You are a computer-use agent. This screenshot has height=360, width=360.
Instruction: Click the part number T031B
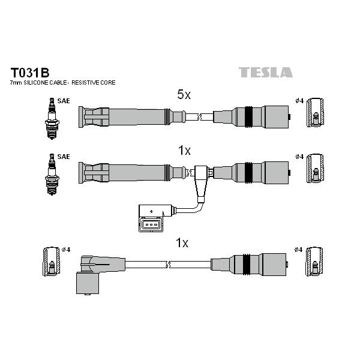point(30,73)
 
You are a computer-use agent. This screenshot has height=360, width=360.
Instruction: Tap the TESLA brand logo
point(266,72)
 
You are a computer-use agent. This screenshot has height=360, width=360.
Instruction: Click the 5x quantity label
point(184,94)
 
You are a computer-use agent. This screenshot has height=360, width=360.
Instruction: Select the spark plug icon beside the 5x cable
point(52,118)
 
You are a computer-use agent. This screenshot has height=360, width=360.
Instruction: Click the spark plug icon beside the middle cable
point(52,175)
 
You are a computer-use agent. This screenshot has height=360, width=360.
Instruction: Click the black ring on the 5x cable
point(248,116)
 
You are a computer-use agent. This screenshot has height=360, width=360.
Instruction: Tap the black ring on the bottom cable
point(247,264)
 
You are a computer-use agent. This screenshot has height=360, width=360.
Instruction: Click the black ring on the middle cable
point(248,173)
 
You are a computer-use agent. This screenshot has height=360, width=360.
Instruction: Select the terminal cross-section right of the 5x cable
point(315,113)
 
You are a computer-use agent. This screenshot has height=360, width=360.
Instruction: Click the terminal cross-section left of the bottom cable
point(52,262)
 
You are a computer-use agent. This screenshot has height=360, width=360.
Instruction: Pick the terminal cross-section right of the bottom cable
point(314,262)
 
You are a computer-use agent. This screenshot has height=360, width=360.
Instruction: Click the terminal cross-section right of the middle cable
point(315,169)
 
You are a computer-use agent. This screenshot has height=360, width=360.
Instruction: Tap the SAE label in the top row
point(64,101)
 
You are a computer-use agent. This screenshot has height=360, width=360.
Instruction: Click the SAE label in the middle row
point(64,157)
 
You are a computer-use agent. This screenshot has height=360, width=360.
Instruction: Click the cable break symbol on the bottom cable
point(168,265)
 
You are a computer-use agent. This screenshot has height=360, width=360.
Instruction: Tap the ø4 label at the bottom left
point(66,250)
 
